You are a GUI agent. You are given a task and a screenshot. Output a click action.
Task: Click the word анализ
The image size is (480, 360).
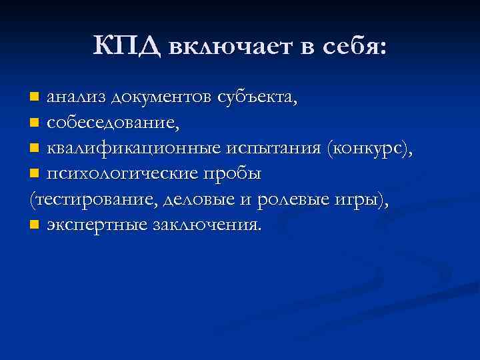click(x=75, y=99)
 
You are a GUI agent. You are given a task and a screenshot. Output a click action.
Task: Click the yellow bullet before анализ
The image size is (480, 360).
click(x=35, y=99)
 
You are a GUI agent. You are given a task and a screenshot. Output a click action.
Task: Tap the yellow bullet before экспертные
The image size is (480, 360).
click(x=35, y=225)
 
